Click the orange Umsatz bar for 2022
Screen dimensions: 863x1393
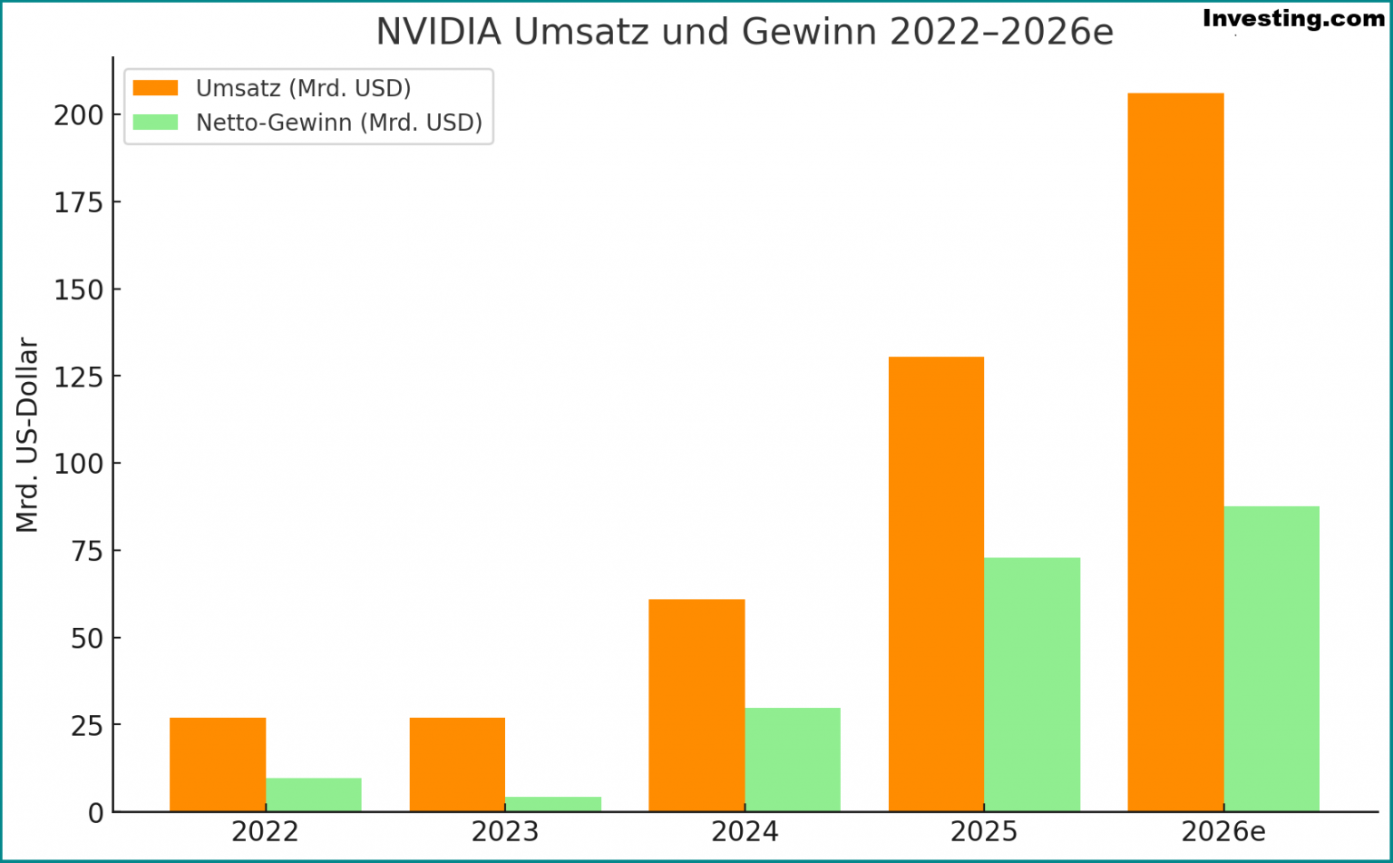click(x=218, y=764)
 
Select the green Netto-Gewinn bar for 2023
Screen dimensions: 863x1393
click(x=553, y=804)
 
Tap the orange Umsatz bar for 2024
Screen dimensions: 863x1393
click(x=696, y=705)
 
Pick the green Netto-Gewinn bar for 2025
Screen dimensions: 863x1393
click(x=1032, y=684)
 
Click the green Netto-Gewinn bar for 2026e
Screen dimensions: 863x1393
click(x=1271, y=659)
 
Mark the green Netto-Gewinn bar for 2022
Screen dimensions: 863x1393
click(x=314, y=794)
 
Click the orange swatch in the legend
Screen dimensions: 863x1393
click(x=155, y=88)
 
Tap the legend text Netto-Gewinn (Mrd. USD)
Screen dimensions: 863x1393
click(x=339, y=123)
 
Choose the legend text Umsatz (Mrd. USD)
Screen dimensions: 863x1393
click(x=303, y=88)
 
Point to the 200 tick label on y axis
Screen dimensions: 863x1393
click(x=79, y=115)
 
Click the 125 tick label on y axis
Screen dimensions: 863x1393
click(x=79, y=377)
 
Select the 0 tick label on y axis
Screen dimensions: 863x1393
click(x=95, y=813)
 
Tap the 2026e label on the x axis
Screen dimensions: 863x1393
click(x=1223, y=832)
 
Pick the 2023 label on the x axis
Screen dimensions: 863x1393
click(x=505, y=832)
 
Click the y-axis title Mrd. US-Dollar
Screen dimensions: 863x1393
click(x=28, y=435)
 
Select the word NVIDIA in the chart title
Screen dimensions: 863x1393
click(x=438, y=33)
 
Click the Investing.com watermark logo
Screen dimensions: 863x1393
click(x=1293, y=19)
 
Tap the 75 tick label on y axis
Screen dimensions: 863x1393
click(x=87, y=551)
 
